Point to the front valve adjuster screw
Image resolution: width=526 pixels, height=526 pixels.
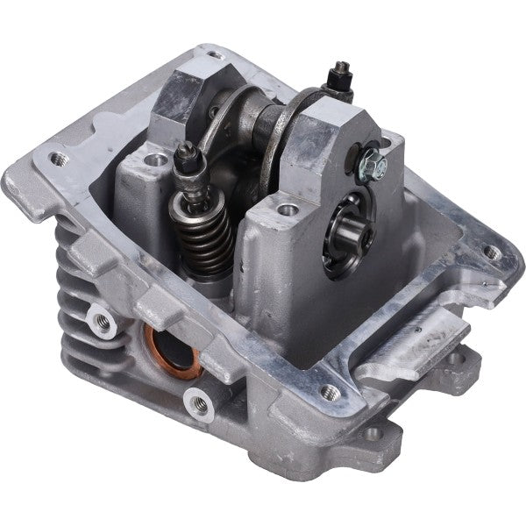(187, 160)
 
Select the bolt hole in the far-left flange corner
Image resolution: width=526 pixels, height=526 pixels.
(59, 160)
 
